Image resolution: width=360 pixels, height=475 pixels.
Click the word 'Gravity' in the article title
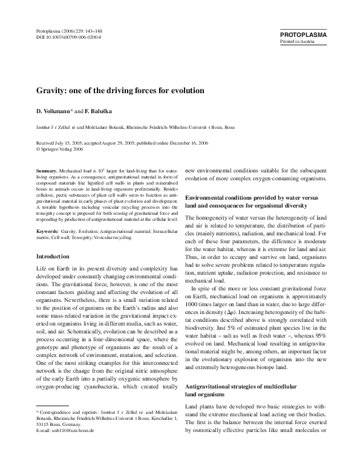[x=50, y=90]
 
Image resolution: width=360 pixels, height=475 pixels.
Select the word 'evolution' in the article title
[x=186, y=90]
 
